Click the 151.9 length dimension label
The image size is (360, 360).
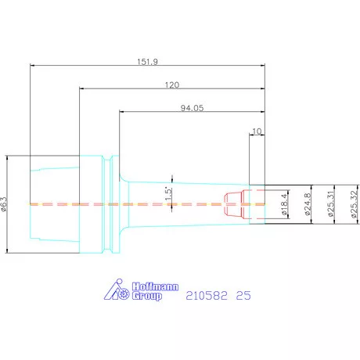click(x=147, y=62)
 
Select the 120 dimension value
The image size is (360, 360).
click(x=172, y=85)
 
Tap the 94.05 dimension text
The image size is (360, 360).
click(x=192, y=108)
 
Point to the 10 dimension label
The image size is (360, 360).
click(x=257, y=131)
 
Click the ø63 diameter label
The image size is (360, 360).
click(x=4, y=204)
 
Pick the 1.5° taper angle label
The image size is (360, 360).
click(x=168, y=194)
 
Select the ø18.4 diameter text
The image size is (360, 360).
click(x=284, y=204)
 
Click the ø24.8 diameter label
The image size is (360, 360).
click(x=308, y=204)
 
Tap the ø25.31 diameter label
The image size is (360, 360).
click(x=330, y=204)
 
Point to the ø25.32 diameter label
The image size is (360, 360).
click(x=354, y=204)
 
